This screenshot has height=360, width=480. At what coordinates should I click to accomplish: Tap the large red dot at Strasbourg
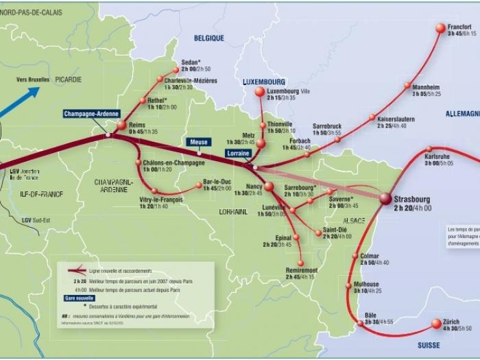[x=385, y=198]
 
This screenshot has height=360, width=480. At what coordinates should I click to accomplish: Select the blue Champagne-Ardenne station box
[x=92, y=114]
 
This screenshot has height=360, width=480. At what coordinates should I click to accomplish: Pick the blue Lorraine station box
[x=239, y=154]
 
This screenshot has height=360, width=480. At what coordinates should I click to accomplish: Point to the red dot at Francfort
[x=441, y=28]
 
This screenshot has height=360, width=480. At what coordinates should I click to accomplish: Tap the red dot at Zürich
[x=436, y=324]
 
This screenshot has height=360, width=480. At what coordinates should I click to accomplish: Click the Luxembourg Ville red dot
[x=259, y=91]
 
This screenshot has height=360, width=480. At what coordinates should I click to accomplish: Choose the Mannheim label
[x=426, y=87]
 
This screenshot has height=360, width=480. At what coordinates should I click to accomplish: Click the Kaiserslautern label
[x=396, y=119]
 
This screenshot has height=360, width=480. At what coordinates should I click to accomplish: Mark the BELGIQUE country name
[x=209, y=39]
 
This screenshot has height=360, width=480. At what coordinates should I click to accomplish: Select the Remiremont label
[x=301, y=270]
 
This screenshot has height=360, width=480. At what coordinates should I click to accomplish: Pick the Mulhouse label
[x=368, y=284]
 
